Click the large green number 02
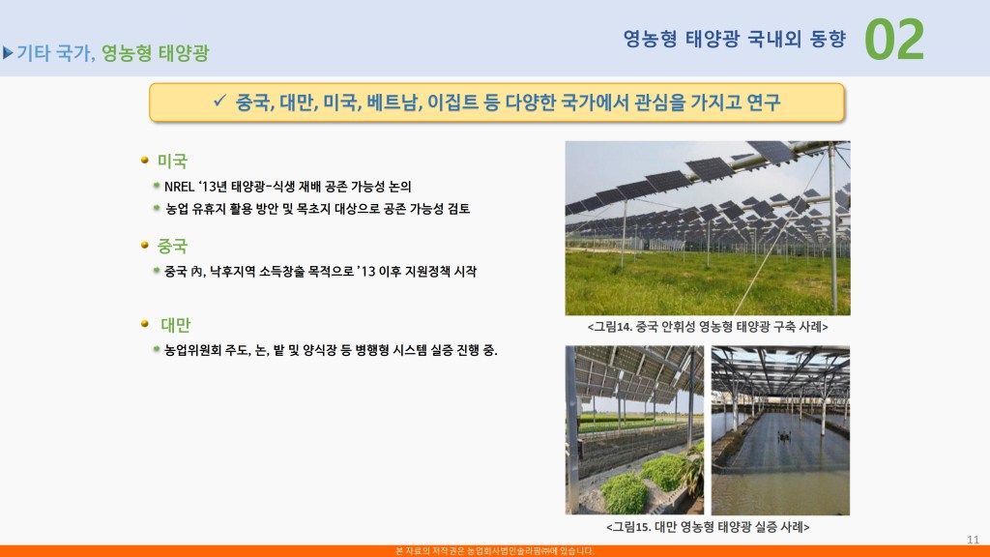pos(894,40)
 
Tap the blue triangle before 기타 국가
pos(8,53)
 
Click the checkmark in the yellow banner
pos(219,101)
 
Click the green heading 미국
pos(172,161)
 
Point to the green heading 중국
pos(172,246)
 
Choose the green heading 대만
pos(176,325)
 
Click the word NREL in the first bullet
pos(179,187)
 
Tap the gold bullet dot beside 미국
pos(145,161)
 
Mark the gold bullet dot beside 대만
pos(145,323)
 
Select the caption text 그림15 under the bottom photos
pos(631,527)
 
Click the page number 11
pos(973,540)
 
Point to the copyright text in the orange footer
pos(495,551)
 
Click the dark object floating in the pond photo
pos(784,436)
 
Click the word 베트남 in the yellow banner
pos(394,103)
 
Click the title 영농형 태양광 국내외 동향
pos(735,39)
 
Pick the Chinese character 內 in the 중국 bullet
pos(196,272)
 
